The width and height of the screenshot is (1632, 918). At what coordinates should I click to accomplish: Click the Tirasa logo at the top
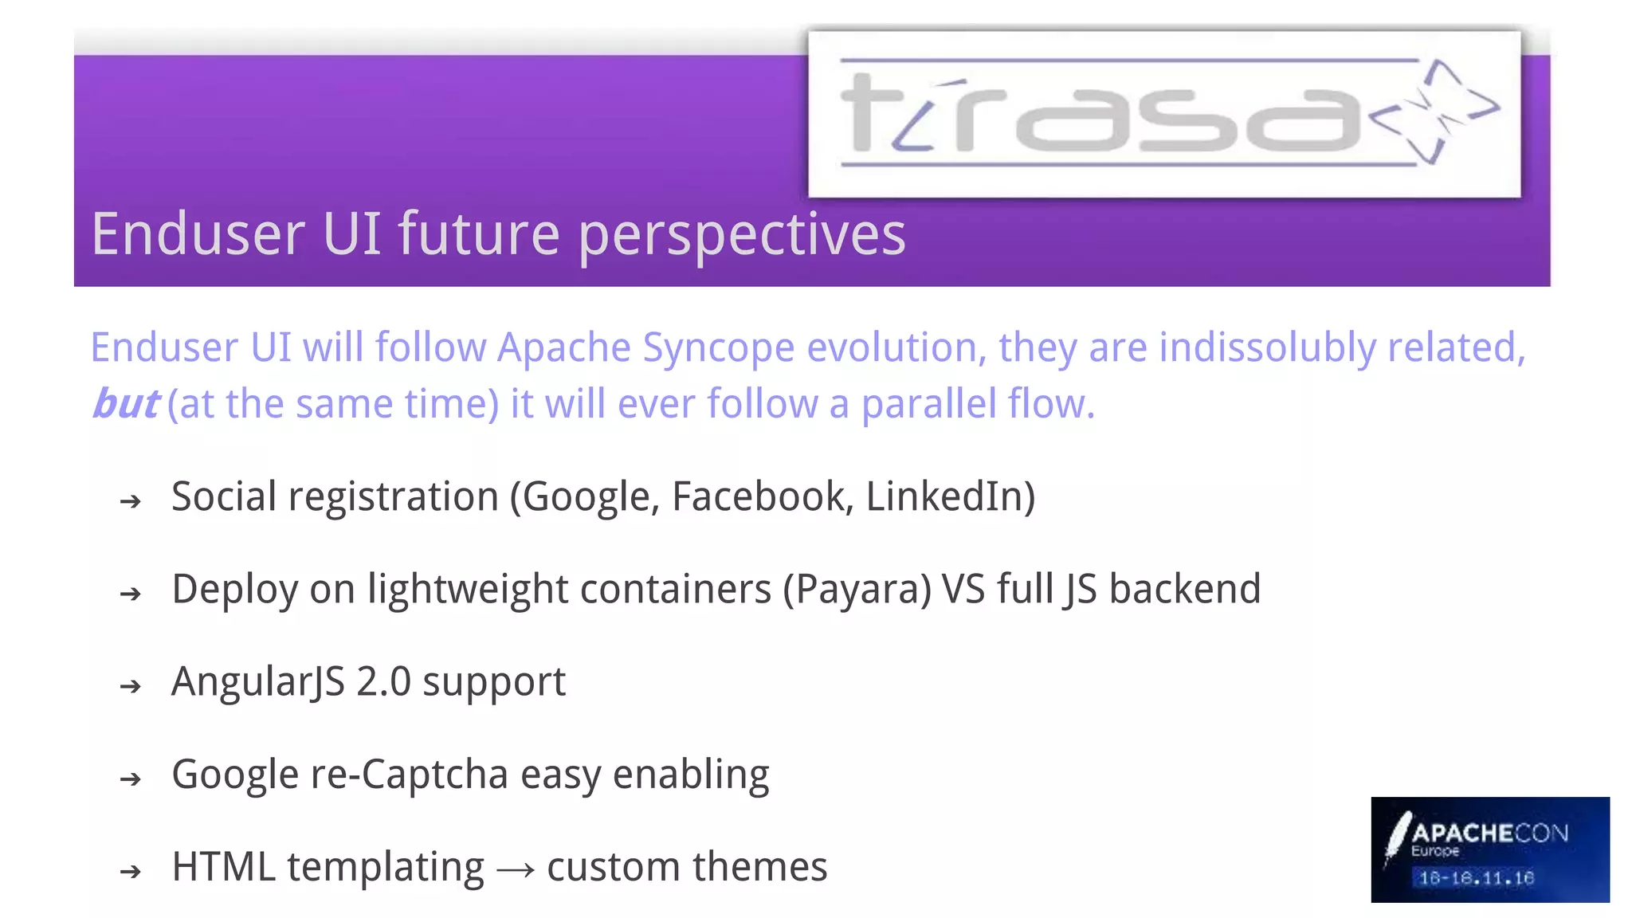tap(1163, 114)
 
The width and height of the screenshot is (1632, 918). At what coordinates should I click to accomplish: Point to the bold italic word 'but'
tap(126, 403)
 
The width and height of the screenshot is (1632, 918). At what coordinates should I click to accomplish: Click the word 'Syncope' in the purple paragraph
tap(718, 348)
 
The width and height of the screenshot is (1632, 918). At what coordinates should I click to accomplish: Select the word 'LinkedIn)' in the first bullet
tap(950, 496)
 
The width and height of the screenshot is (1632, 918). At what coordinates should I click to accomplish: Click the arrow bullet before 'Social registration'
tap(131, 501)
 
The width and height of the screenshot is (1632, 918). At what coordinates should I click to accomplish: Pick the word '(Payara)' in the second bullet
tap(857, 590)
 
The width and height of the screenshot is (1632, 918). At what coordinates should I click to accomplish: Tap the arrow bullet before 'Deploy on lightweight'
tap(131, 594)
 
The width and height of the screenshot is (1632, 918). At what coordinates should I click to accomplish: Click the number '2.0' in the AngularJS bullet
tap(383, 682)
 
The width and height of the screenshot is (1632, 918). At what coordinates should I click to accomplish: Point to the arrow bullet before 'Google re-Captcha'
tap(131, 779)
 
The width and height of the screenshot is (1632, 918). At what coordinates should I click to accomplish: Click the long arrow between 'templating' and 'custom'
tap(515, 869)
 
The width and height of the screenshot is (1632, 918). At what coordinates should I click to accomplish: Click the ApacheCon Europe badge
tap(1489, 849)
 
